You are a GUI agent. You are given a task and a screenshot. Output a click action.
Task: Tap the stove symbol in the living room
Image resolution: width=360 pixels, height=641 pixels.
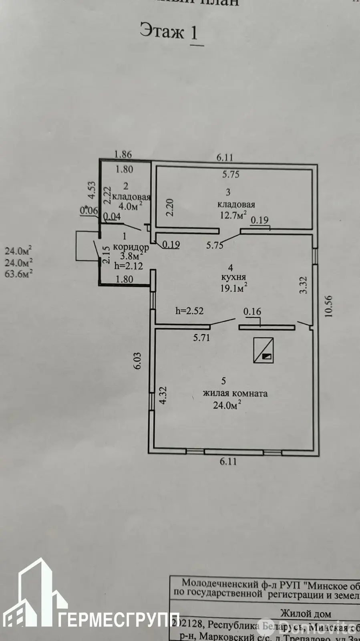[264, 350]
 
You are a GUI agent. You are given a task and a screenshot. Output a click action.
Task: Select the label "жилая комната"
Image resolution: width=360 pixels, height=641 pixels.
[235, 393]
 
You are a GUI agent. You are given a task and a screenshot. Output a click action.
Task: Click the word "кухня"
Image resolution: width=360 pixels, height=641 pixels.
[233, 277]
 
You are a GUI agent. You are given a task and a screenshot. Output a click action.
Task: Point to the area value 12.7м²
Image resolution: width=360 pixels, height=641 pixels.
[233, 215]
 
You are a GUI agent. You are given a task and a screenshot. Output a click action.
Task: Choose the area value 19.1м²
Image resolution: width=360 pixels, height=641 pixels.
[234, 287]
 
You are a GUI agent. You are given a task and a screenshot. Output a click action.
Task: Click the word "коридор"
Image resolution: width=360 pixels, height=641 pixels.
[131, 247]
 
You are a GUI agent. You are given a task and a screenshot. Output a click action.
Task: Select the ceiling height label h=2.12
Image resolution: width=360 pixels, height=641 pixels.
[128, 266]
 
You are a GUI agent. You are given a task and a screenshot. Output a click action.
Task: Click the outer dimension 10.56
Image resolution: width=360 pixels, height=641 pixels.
[329, 306]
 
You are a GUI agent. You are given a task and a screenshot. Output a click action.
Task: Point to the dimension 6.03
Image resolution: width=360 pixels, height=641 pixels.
[137, 361]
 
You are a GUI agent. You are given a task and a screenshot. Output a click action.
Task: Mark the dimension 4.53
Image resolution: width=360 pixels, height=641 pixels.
[92, 190]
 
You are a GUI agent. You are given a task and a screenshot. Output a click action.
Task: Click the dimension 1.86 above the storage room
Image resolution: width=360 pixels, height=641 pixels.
[123, 154]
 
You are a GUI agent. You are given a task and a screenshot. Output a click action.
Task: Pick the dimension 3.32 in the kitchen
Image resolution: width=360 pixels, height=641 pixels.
[304, 285]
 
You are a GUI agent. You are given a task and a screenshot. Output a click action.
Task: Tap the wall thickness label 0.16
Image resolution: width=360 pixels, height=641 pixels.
[252, 311]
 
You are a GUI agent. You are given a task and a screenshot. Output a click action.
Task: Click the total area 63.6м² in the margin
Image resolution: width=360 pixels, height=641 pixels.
[18, 274]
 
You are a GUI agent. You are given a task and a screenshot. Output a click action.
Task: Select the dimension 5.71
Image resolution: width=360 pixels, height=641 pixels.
[201, 338]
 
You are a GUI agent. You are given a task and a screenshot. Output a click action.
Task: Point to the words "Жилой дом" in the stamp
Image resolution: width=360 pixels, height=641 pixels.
[305, 613]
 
